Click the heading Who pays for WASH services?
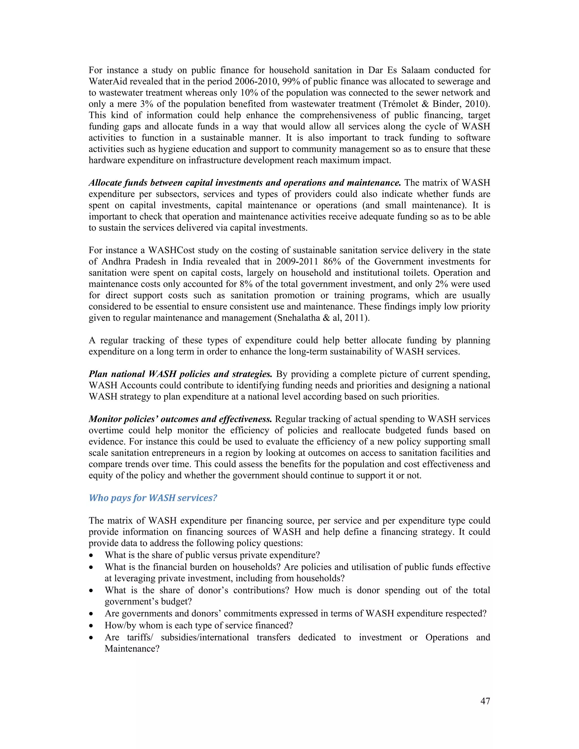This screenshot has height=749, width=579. click(x=153, y=498)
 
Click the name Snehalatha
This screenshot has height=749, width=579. click(x=298, y=318)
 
